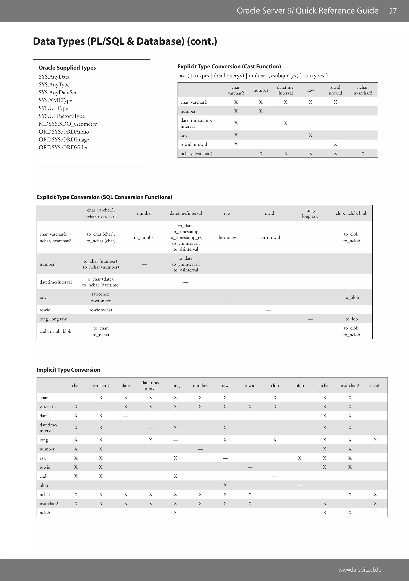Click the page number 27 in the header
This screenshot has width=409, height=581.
point(393,11)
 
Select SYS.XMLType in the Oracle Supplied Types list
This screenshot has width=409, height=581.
point(55,100)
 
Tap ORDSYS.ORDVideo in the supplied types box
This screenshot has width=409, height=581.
point(64,147)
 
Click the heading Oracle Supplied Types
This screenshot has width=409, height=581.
point(67,68)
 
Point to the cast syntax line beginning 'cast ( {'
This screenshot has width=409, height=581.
point(252,76)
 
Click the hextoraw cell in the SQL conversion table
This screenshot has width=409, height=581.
point(227,237)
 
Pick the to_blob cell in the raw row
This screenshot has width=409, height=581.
point(351,297)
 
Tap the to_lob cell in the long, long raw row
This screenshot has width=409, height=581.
point(351,319)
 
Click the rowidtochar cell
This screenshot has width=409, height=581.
point(101,310)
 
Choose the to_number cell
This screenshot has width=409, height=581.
point(144,237)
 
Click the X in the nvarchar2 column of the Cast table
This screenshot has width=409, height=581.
point(363,153)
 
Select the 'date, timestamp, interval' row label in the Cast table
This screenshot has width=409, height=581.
point(196,123)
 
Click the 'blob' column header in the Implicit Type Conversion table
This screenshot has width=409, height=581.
point(300,385)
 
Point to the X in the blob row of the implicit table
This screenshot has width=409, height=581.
point(225,485)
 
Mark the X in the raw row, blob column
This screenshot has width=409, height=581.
point(300,458)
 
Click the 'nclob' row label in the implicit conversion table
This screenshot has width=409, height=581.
point(45,512)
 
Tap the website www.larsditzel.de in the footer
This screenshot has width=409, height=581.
point(359,570)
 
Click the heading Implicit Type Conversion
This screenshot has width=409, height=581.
point(68,370)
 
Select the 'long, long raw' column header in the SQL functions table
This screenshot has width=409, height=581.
point(310,213)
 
